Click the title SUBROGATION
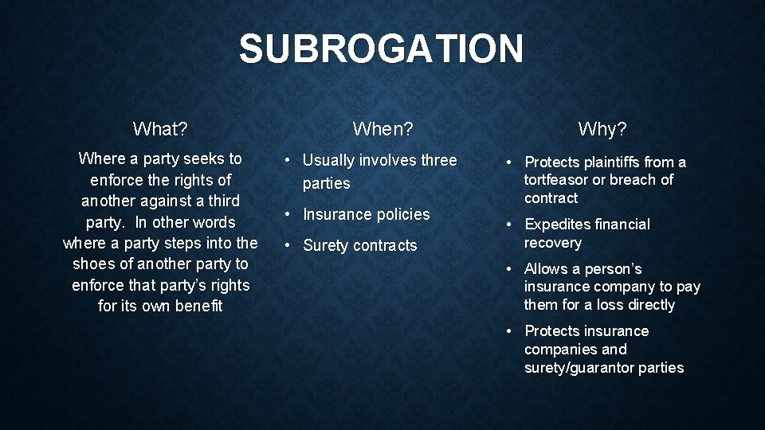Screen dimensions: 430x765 coord(381,49)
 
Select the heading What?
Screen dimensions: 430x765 coord(160,128)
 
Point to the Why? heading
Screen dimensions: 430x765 coord(602,128)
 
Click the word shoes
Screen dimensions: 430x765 coord(93,264)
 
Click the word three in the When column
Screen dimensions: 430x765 coord(439,160)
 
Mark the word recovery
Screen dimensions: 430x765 coord(553,243)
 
